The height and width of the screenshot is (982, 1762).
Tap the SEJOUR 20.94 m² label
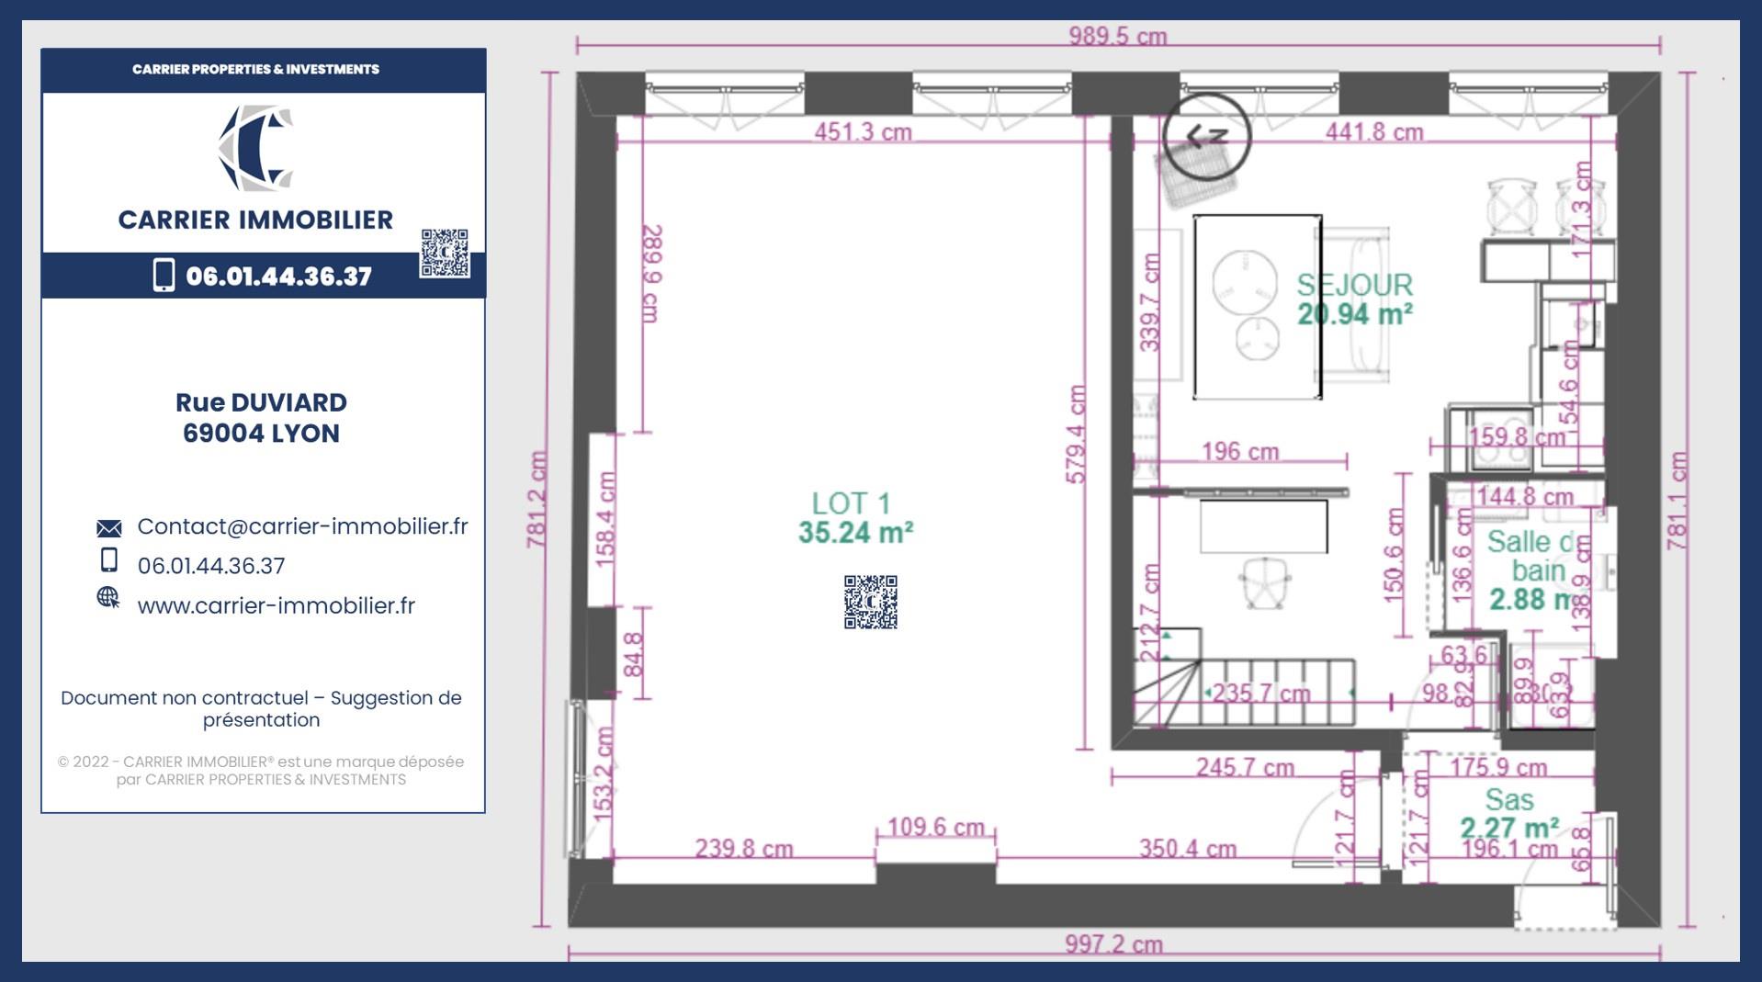pos(1354,299)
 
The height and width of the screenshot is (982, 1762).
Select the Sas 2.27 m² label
pos(1509,813)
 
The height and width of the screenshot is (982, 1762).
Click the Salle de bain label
pos(1534,570)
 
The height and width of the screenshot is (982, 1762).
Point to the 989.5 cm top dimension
pos(1117,37)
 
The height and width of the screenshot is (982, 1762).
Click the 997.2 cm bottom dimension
pos(1113,943)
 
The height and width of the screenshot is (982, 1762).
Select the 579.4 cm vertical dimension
pos(1078,435)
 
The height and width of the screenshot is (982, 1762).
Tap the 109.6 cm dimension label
pos(935,827)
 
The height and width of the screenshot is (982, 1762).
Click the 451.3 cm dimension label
pos(863,132)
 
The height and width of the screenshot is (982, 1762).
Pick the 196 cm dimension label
pos(1239,451)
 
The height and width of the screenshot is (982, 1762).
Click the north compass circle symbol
pos(1206,135)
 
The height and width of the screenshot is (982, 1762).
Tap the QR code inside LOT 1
pos(870,602)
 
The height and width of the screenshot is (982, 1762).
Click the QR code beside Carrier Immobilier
pos(445,254)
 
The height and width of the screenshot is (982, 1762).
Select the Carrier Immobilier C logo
pos(256,148)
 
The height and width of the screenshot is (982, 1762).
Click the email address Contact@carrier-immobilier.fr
pos(302,526)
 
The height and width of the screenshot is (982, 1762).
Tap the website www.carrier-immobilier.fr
pos(276,605)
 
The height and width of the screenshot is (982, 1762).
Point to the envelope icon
pos(108,528)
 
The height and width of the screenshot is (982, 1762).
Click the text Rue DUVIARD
pos(261,402)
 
